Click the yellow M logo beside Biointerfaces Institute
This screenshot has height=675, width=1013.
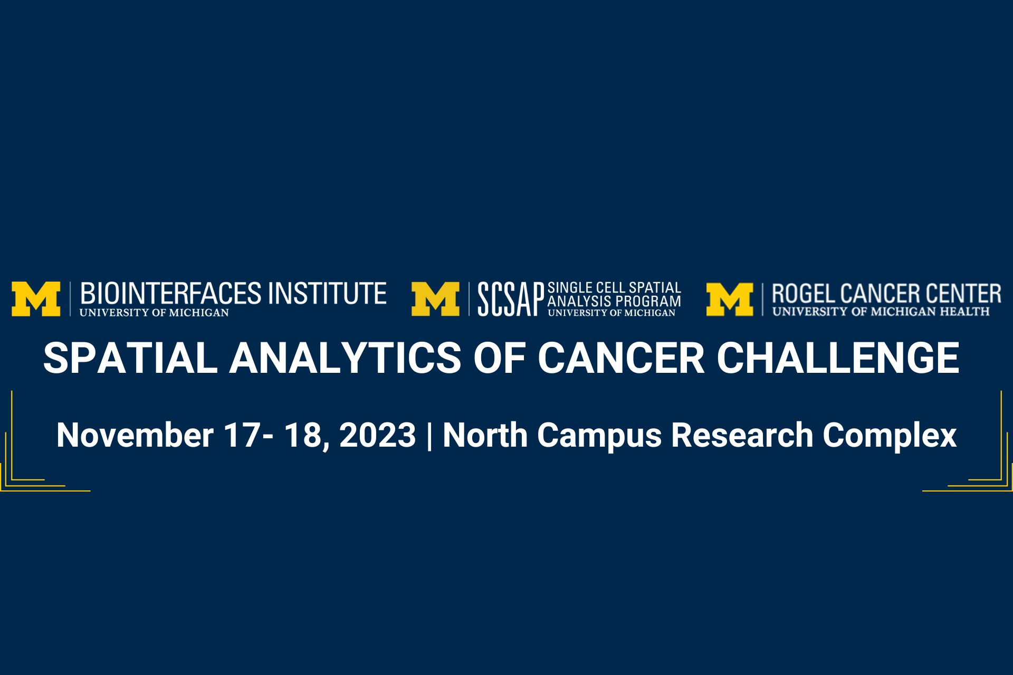(x=36, y=299)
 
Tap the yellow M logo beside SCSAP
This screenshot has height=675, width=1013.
(x=436, y=299)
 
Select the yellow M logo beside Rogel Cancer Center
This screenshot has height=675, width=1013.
(x=730, y=299)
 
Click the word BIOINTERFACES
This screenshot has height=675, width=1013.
(x=170, y=293)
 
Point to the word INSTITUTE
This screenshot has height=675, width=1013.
(x=327, y=293)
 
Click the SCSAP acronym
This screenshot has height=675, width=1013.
(x=511, y=299)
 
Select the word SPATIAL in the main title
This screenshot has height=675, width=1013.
(x=130, y=358)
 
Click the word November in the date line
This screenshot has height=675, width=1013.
(x=135, y=436)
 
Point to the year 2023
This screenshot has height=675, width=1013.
(x=377, y=436)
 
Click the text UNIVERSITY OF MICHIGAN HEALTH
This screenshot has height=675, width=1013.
(x=881, y=312)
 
